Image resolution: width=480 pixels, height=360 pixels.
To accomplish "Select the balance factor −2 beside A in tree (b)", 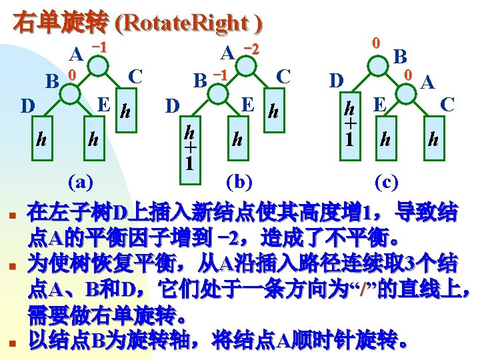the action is (x=251, y=49).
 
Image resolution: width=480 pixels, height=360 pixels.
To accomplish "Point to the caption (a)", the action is (x=80, y=181).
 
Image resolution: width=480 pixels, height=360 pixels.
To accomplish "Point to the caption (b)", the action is (x=241, y=181).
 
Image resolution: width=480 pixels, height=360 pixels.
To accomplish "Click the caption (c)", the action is (x=389, y=181).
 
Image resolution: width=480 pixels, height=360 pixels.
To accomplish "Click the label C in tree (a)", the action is (x=136, y=76).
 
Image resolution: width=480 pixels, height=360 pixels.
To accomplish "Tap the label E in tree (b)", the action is (x=247, y=105).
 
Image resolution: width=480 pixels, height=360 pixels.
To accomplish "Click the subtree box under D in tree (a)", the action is (x=41, y=140).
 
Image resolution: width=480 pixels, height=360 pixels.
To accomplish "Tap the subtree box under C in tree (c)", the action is (x=434, y=139).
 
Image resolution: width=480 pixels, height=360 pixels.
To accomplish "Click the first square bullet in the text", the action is (x=13, y=215).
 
